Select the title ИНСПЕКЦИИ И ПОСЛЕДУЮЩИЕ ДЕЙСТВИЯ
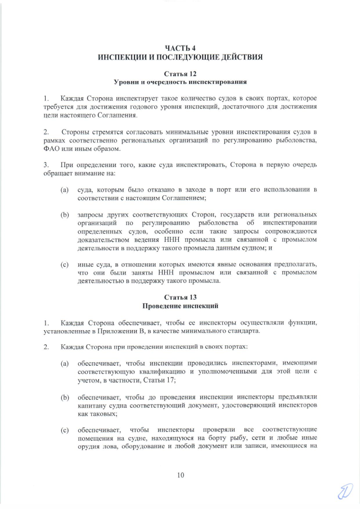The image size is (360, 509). pyautogui.click(x=180, y=57)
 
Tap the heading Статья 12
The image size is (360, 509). pyautogui.click(x=180, y=74)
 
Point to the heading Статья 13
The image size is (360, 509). pyautogui.click(x=180, y=296)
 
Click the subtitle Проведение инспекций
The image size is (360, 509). pyautogui.click(x=180, y=305)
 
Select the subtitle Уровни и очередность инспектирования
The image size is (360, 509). pyautogui.click(x=180, y=83)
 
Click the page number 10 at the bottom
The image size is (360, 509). pyautogui.click(x=181, y=475)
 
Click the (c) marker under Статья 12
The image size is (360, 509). pyautogui.click(x=65, y=264)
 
